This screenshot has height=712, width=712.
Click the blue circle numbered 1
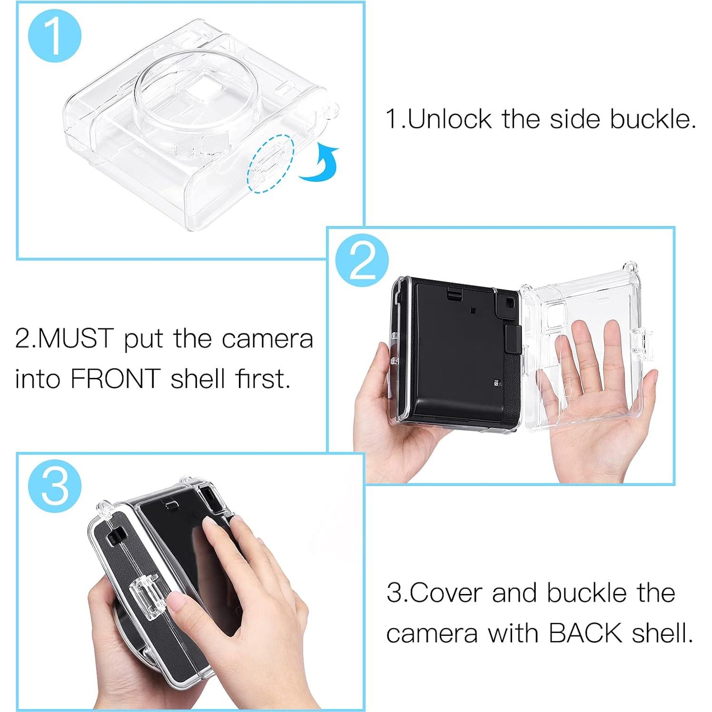(x=55, y=36)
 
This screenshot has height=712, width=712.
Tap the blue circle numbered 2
(x=362, y=260)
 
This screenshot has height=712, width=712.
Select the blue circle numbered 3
(x=55, y=486)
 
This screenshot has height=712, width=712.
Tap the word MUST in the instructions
(x=76, y=338)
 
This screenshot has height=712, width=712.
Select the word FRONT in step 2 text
(x=115, y=379)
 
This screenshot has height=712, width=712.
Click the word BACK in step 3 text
(x=585, y=633)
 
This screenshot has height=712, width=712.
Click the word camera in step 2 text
(x=267, y=339)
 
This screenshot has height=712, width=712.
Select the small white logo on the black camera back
(x=497, y=382)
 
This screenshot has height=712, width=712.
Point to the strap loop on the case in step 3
(x=104, y=509)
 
